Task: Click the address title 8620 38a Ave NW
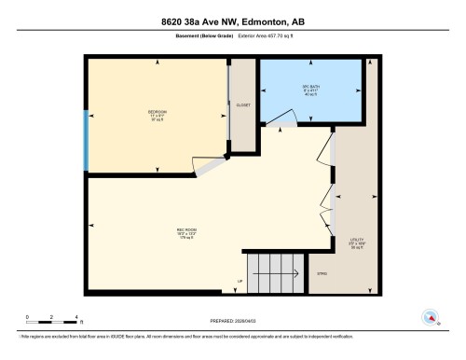point(233,21)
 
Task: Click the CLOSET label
point(244,106)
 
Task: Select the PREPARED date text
point(233,316)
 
